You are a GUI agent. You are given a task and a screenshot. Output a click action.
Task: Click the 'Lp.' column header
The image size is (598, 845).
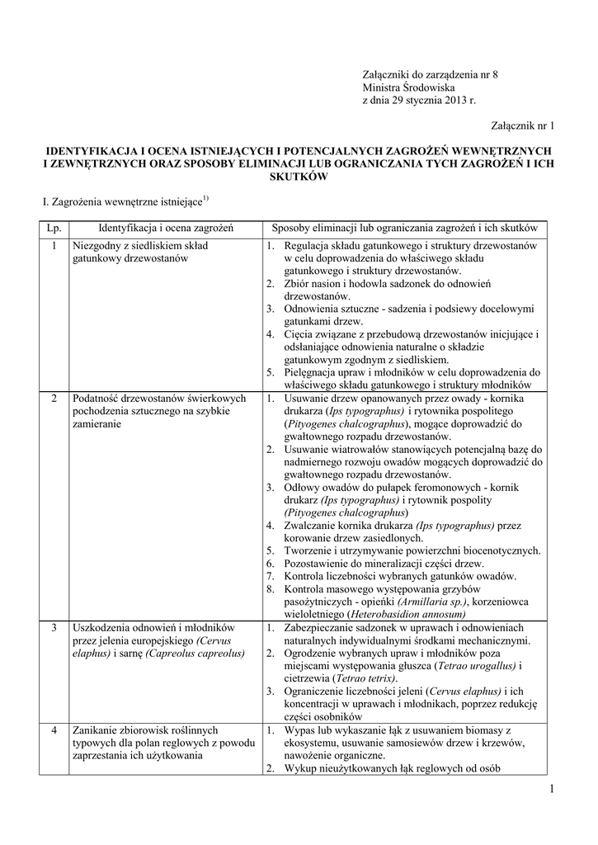pos(54,227)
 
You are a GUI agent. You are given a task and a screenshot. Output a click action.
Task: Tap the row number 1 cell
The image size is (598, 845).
pos(54,246)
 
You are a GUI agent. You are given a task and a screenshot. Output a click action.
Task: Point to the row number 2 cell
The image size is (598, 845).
pos(54,399)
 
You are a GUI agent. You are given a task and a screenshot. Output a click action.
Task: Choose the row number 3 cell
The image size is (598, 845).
pos(54,628)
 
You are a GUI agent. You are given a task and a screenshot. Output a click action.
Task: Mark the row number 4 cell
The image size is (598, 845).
pos(54,730)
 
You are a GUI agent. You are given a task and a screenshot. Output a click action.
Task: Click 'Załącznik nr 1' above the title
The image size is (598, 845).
pos(524,125)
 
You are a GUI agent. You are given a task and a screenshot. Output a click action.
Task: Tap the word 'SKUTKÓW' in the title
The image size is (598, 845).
pos(298,177)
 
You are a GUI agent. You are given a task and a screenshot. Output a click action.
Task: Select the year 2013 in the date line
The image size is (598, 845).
pos(445,100)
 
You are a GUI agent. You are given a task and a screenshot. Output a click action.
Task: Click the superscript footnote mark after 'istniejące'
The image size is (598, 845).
pos(206,196)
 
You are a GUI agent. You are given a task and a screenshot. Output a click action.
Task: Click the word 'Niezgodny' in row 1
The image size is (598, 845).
pos(97,246)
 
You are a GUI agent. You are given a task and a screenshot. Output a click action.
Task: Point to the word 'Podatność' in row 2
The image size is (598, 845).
pos(97,399)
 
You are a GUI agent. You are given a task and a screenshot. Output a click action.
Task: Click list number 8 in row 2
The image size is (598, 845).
pos(271,589)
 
